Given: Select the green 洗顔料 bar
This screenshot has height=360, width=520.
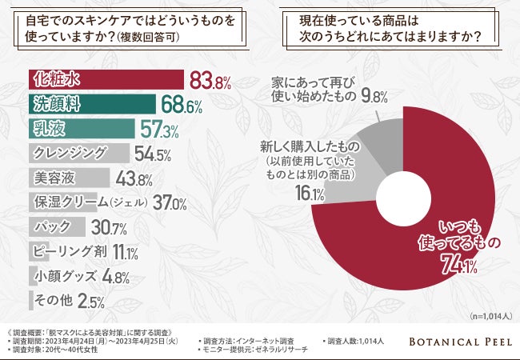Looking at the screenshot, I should tap(92, 104).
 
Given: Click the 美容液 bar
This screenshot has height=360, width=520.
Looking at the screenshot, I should tap(68, 177).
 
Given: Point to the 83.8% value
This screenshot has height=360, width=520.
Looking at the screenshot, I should tap(210, 80).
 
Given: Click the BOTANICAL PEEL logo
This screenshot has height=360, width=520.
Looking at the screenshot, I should tap(455, 342).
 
